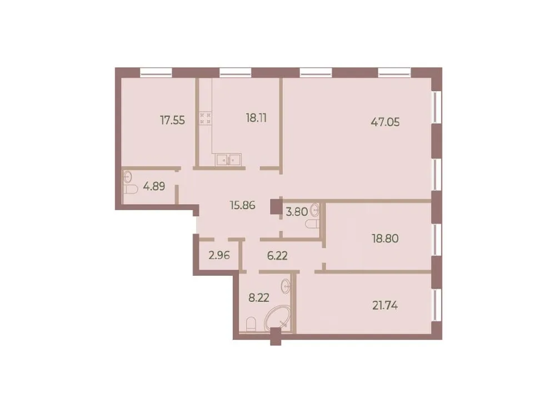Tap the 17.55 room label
172,120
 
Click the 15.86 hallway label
242,205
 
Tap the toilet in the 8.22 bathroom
251,323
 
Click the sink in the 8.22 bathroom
287,287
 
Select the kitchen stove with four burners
204,119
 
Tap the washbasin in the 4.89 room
128,177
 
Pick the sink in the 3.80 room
316,210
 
